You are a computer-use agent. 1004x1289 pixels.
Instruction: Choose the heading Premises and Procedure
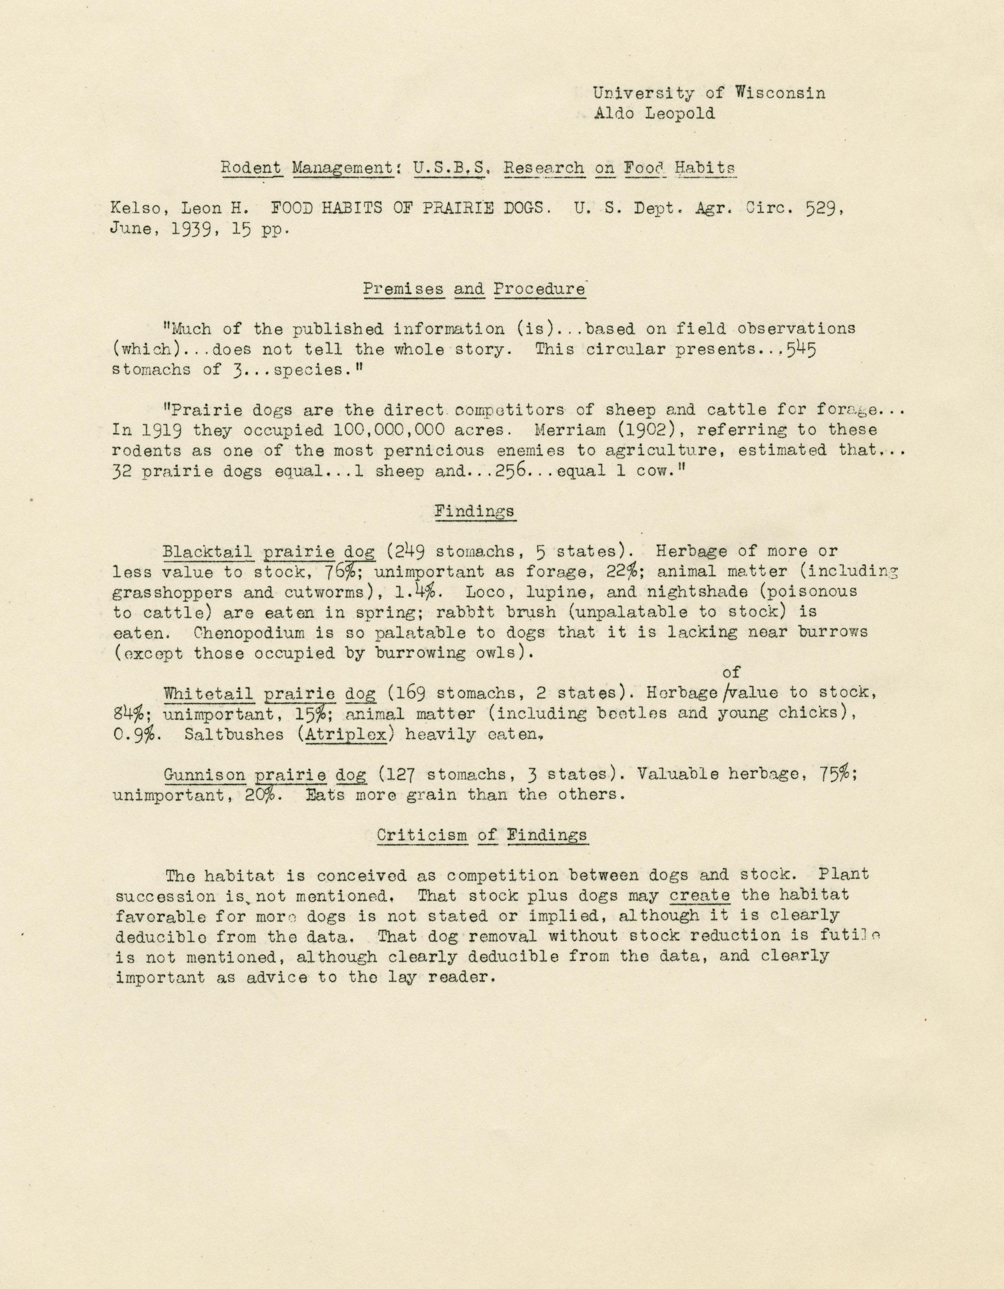474,289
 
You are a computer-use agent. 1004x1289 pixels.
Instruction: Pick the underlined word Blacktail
207,552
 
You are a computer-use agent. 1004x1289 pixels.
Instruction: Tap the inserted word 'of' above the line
731,672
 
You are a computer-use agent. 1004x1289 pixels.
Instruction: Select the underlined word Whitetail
209,693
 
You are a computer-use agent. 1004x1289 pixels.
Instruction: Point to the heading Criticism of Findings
482,835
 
